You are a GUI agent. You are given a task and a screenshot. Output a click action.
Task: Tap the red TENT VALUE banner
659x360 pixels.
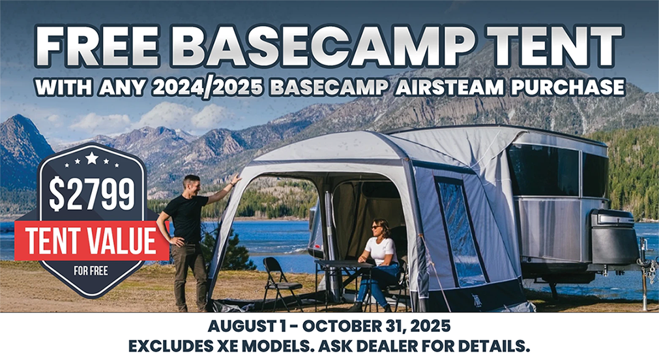pyautogui.click(x=91, y=240)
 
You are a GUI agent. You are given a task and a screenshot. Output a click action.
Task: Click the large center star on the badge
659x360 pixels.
pyautogui.click(x=91, y=158)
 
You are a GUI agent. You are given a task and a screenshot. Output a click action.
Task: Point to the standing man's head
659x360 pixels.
pyautogui.click(x=191, y=185)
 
